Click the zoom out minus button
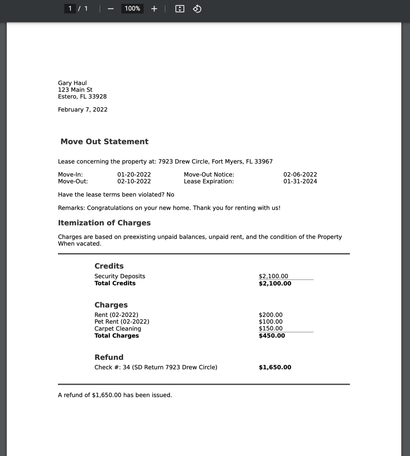click(111, 9)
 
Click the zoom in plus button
click(154, 9)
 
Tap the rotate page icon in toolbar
click(197, 9)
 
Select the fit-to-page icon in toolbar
click(180, 9)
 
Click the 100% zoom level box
click(132, 9)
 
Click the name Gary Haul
click(72, 83)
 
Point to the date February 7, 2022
click(83, 110)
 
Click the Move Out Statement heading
click(104, 142)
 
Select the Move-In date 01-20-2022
click(134, 175)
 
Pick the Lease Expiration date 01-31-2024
click(300, 182)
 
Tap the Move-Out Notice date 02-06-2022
click(300, 175)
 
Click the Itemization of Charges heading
click(104, 223)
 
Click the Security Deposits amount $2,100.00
click(273, 276)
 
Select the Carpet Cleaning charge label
click(118, 329)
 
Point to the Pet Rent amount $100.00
click(271, 322)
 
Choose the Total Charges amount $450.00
click(272, 336)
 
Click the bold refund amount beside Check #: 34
click(275, 367)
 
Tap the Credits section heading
click(109, 266)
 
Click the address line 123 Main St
click(75, 90)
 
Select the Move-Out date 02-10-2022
click(134, 182)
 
